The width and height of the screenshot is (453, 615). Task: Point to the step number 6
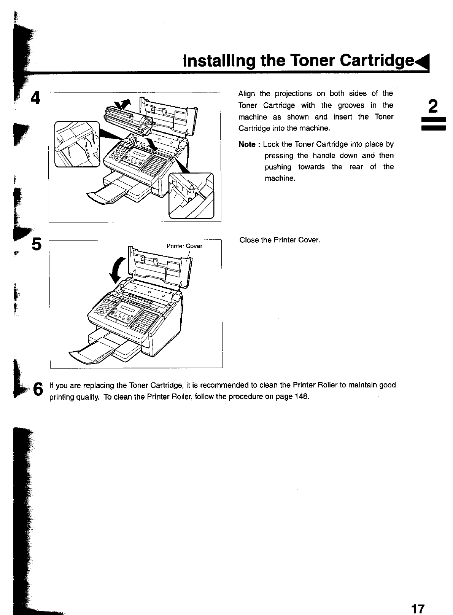pyautogui.click(x=38, y=389)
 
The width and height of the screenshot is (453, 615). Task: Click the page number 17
pyautogui.click(x=417, y=609)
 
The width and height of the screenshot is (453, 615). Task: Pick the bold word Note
pyautogui.click(x=247, y=144)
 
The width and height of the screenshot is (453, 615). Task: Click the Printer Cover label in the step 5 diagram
pyautogui.click(x=184, y=246)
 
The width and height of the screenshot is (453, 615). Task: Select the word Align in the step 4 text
pyautogui.click(x=246, y=94)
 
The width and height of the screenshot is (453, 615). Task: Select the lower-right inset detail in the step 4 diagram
pyautogui.click(x=191, y=196)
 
